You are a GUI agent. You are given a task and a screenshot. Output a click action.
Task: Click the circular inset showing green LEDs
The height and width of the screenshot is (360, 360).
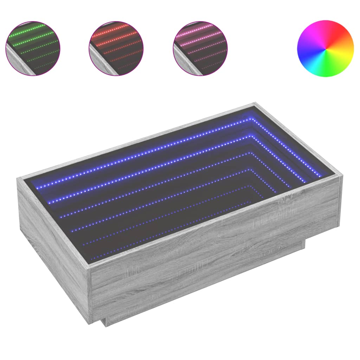pyautogui.click(x=33, y=48)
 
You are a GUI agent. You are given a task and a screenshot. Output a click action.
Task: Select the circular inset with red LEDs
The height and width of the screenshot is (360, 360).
pyautogui.click(x=116, y=48)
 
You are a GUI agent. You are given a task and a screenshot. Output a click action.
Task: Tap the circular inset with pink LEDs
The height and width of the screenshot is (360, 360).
pyautogui.click(x=200, y=48)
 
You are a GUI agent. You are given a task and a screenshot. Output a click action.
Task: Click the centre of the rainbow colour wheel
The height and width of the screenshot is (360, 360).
pyautogui.click(x=325, y=48)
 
